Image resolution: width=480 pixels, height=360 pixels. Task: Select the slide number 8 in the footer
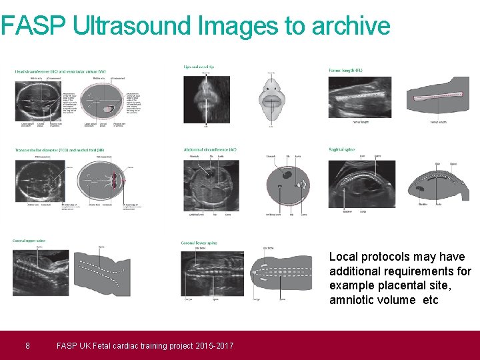(x=27, y=345)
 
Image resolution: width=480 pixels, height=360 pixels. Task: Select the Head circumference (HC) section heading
(x=61, y=72)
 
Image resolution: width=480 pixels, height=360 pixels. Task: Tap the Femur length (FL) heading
(x=345, y=69)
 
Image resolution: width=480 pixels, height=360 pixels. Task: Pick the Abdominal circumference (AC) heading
(x=210, y=150)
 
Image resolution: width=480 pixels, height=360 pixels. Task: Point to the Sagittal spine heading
(x=341, y=150)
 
